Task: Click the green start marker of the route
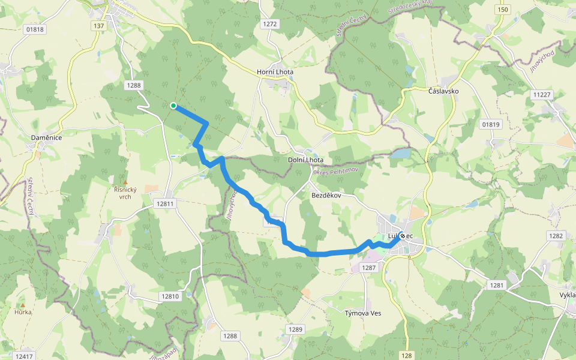pyautogui.click(x=173, y=106)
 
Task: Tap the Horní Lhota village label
pyautogui.click(x=275, y=72)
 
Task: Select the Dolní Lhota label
pyautogui.click(x=305, y=160)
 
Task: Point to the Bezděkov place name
pyautogui.click(x=326, y=196)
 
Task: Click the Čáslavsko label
pyautogui.click(x=443, y=91)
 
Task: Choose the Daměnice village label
pyautogui.click(x=47, y=138)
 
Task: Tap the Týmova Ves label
pyautogui.click(x=363, y=313)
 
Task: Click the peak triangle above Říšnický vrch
pyautogui.click(x=125, y=182)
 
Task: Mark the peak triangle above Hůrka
pyautogui.click(x=23, y=305)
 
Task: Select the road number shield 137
pyautogui.click(x=99, y=26)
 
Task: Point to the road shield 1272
pyautogui.click(x=270, y=24)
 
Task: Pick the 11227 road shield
pyautogui.click(x=541, y=95)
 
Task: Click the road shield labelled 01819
pyautogui.click(x=490, y=124)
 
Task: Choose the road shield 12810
pyautogui.click(x=170, y=296)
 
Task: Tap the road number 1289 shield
pyautogui.click(x=295, y=329)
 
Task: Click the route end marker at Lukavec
pyautogui.click(x=401, y=236)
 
